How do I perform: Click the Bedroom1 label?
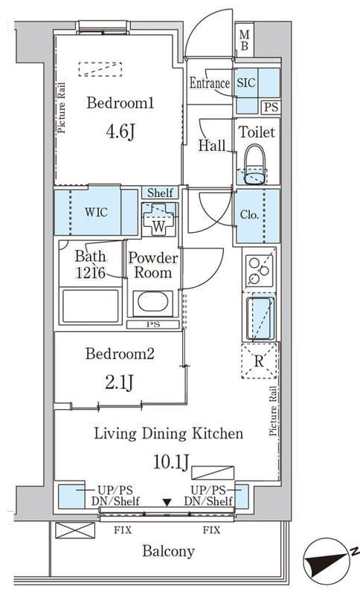[x=120, y=103]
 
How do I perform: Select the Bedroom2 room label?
[x=120, y=354]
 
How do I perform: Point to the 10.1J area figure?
[x=171, y=462]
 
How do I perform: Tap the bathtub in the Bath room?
[x=90, y=306]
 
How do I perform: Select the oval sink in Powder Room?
[x=153, y=302]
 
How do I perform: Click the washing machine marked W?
[x=159, y=219]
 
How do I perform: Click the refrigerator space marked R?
[x=260, y=361]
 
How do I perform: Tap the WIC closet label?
[x=96, y=212]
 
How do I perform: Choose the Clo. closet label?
[x=249, y=215]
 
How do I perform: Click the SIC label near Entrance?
[x=246, y=83]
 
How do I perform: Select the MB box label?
[x=245, y=41]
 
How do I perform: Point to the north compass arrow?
[x=327, y=562]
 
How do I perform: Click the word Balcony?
[x=168, y=551]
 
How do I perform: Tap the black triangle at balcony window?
[x=167, y=503]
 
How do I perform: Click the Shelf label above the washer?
[x=160, y=193]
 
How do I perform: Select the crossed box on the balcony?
[x=75, y=530]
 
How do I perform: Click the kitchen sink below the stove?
[x=260, y=318]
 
